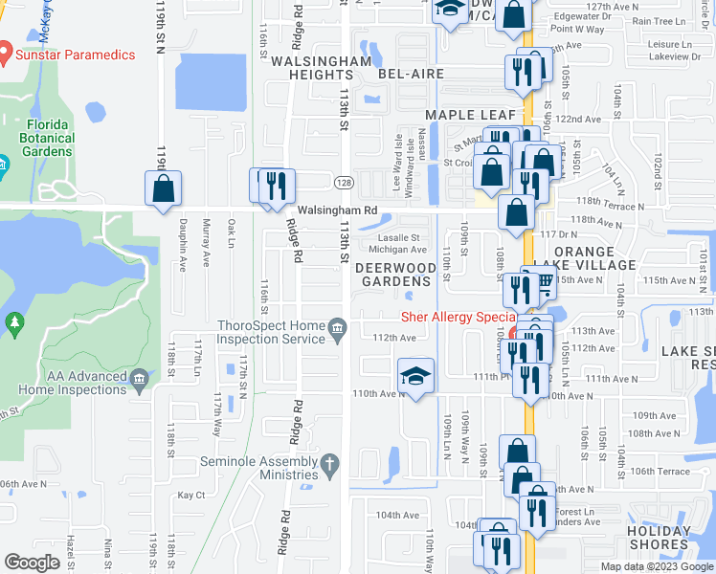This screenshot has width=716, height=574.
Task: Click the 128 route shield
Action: click(343, 182)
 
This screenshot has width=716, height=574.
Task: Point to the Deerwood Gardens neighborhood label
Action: click(394, 275)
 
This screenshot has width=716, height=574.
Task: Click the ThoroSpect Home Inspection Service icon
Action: click(337, 332)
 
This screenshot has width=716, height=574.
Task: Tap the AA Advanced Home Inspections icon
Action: click(140, 381)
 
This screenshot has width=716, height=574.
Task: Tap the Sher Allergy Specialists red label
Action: click(458, 317)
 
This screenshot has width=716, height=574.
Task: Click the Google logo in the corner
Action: click(32, 563)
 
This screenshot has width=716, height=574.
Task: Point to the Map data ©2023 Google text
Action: click(655, 566)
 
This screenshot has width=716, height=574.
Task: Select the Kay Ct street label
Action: click(191, 495)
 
